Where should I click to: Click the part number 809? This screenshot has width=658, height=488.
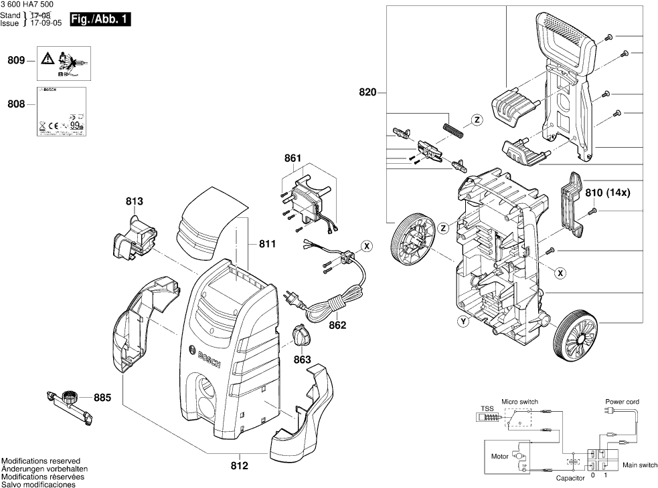coord(16,61)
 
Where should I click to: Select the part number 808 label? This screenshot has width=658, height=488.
coord(16,104)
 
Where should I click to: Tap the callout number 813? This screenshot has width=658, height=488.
coord(134,201)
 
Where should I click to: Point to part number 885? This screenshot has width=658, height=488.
coord(102,398)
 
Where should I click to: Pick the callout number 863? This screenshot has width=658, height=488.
coord(303,360)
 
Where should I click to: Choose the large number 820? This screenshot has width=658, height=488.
coord(367,93)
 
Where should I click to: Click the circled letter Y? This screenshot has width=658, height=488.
coord(463,322)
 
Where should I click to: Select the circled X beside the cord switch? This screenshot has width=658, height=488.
coord(367,246)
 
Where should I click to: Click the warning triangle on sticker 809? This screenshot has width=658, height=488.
coord(46,58)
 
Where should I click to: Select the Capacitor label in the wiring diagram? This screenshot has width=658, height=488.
coord(570,479)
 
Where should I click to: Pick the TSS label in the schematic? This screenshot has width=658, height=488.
coord(487,408)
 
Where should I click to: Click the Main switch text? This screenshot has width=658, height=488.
coord(639,465)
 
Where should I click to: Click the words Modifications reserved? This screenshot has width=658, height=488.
coord(41,461)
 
